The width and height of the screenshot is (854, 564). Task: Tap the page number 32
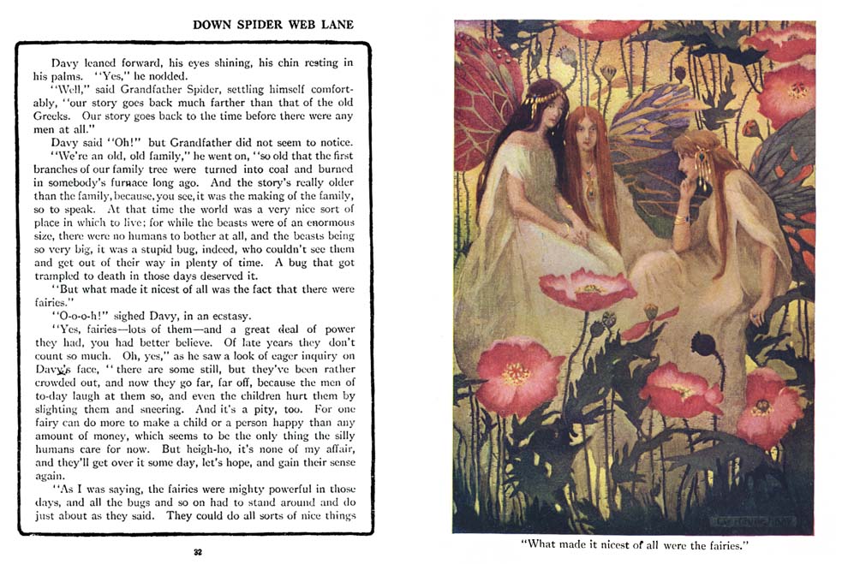(x=198, y=552)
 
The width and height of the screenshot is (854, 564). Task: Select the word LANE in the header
(x=333, y=25)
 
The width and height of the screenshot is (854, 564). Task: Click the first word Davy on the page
(x=65, y=63)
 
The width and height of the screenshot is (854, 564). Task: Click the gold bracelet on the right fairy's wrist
(x=680, y=221)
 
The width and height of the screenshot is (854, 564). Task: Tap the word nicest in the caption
(x=610, y=545)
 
